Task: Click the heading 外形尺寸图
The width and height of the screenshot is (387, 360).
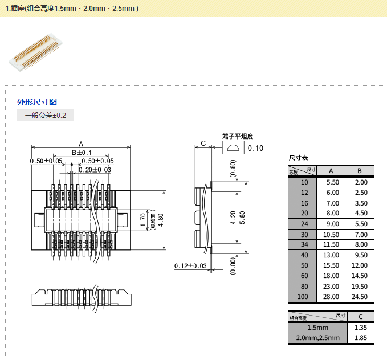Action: pos(37,102)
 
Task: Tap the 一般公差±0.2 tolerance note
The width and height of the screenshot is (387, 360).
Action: pos(46,116)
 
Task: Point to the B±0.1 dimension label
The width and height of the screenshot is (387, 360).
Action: pos(82,153)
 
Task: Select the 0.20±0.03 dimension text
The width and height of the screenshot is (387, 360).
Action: pos(95,170)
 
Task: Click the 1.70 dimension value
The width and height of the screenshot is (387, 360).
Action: pos(144,219)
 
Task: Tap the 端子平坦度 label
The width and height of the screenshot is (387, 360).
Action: pos(237,137)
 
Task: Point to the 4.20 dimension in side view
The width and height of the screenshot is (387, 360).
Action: pos(233,219)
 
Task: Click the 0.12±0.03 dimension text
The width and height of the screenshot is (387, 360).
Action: pos(190,266)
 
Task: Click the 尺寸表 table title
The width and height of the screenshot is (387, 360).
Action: pos(299,158)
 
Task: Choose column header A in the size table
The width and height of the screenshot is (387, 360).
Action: pos(331,171)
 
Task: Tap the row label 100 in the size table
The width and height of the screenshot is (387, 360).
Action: pos(303,297)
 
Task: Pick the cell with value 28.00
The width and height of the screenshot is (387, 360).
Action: pos(332,297)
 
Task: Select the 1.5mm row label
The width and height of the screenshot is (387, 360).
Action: pos(317,328)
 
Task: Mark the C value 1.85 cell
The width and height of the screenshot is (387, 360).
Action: pos(360,338)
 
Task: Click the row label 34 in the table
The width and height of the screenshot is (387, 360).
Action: pos(304,244)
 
